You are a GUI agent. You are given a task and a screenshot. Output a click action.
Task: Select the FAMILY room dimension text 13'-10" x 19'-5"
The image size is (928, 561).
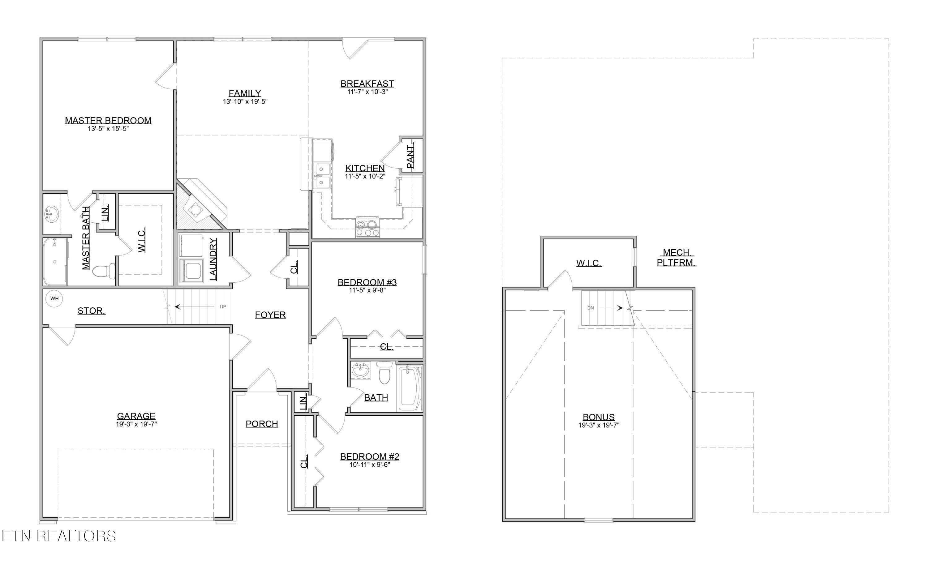245,102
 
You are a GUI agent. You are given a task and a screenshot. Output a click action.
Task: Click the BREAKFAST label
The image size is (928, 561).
367,83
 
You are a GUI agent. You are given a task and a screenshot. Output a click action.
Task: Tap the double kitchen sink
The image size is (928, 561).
322,175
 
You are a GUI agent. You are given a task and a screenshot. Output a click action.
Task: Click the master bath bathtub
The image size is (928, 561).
55,261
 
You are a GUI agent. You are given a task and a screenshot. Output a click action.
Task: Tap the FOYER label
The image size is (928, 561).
270,315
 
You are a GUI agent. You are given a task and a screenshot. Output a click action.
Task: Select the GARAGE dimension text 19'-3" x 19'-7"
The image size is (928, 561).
136,424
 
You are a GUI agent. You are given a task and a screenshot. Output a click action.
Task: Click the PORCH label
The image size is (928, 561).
262,424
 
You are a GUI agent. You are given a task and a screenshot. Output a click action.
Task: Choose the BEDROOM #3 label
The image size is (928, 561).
367,282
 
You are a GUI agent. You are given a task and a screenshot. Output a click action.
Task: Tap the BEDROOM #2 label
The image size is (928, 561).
369,456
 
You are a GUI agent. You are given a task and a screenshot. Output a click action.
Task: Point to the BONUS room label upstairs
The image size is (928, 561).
599,417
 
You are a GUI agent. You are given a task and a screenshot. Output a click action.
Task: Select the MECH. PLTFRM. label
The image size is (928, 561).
677,258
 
